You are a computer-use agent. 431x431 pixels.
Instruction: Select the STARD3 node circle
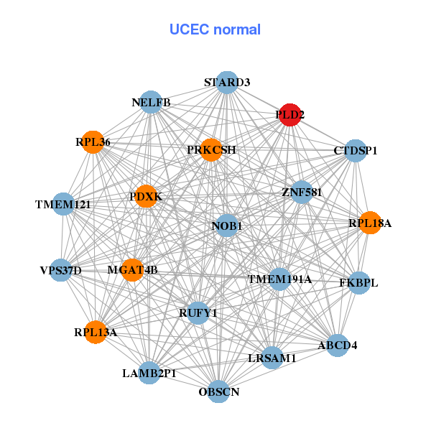click(226, 82)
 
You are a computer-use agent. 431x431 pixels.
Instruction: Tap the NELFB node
click(151, 102)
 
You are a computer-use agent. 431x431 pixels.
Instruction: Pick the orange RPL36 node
click(93, 142)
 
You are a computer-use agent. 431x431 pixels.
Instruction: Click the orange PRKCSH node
click(211, 149)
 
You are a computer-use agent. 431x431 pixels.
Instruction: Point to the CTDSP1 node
click(356, 151)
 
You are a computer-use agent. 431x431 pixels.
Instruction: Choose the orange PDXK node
click(146, 196)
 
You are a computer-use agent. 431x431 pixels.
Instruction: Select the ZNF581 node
click(302, 192)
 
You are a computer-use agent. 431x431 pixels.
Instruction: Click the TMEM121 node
click(63, 205)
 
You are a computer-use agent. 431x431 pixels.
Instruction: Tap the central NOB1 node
click(227, 226)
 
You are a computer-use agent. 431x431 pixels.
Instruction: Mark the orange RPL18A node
click(370, 223)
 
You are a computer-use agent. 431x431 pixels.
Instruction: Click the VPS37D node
click(61, 270)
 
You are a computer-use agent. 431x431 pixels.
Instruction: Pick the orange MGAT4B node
click(133, 269)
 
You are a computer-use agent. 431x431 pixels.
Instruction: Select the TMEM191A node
click(279, 279)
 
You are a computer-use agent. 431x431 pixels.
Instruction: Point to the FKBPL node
click(358, 282)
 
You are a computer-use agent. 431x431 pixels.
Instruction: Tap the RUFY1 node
click(198, 312)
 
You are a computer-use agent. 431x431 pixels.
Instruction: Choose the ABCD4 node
click(337, 345)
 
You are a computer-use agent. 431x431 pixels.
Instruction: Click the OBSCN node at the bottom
click(219, 391)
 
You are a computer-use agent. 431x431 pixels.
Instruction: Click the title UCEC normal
click(215, 29)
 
